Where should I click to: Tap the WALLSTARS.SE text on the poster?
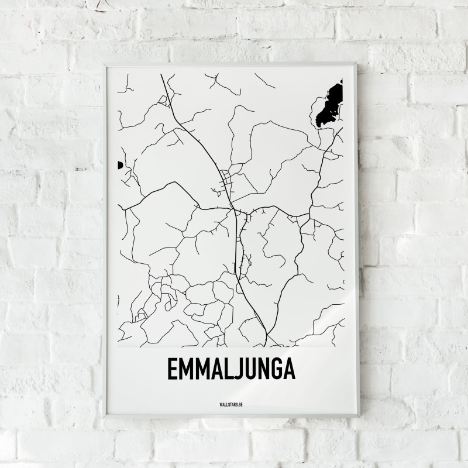[230, 404]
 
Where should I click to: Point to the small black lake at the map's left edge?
[120, 166]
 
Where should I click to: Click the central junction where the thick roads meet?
[233, 208]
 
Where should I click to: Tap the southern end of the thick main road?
[266, 345]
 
